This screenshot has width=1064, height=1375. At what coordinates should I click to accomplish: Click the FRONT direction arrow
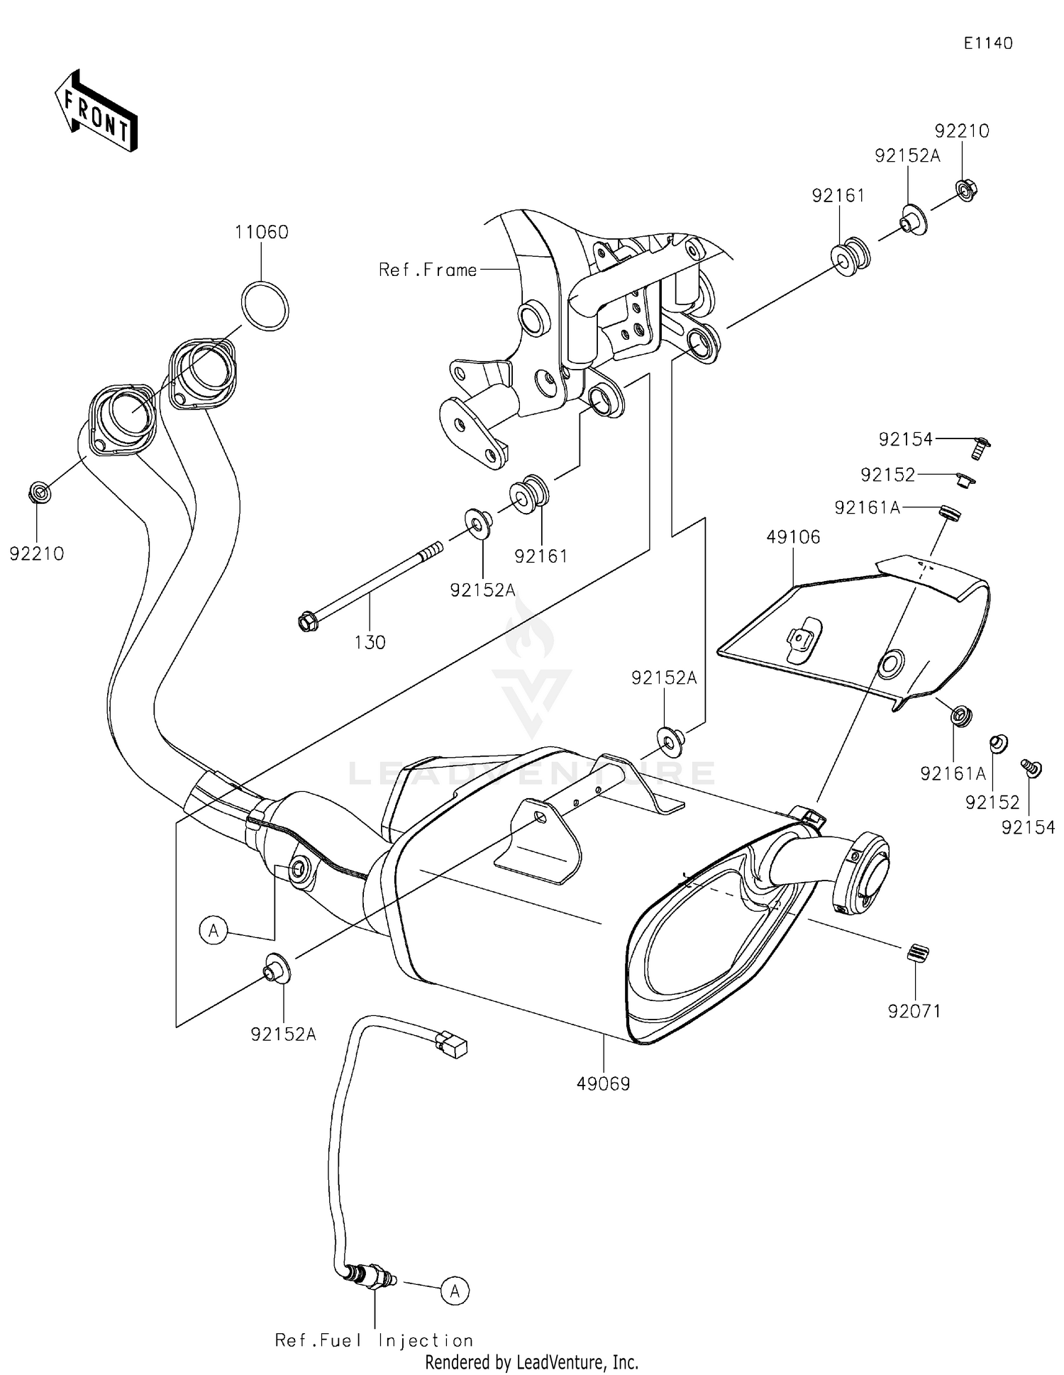point(96,111)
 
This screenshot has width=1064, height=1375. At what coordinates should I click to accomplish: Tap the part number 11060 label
point(262,232)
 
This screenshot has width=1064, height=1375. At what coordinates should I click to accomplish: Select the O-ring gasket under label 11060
point(265,306)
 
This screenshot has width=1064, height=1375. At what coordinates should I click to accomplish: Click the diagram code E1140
point(988,43)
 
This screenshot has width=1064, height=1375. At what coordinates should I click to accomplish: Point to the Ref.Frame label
point(428,270)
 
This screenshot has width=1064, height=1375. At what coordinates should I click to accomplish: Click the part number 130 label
point(370,642)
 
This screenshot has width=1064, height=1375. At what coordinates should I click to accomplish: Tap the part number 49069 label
point(603,1084)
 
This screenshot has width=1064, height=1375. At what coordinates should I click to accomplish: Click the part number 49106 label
point(792,537)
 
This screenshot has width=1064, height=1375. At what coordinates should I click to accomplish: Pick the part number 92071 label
point(914,1011)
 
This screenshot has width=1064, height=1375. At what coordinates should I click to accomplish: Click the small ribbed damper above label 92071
point(918,954)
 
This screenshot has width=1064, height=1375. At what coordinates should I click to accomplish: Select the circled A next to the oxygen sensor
point(455,1291)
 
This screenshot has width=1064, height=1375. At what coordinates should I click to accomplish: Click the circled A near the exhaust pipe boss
point(214,929)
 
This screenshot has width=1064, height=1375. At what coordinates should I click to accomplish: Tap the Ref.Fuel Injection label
point(374,1340)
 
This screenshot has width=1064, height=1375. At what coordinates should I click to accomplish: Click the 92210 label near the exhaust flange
point(37,553)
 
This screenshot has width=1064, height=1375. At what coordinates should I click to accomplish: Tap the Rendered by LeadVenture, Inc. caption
point(531,1362)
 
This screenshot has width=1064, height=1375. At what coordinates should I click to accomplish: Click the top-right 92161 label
point(838,195)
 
